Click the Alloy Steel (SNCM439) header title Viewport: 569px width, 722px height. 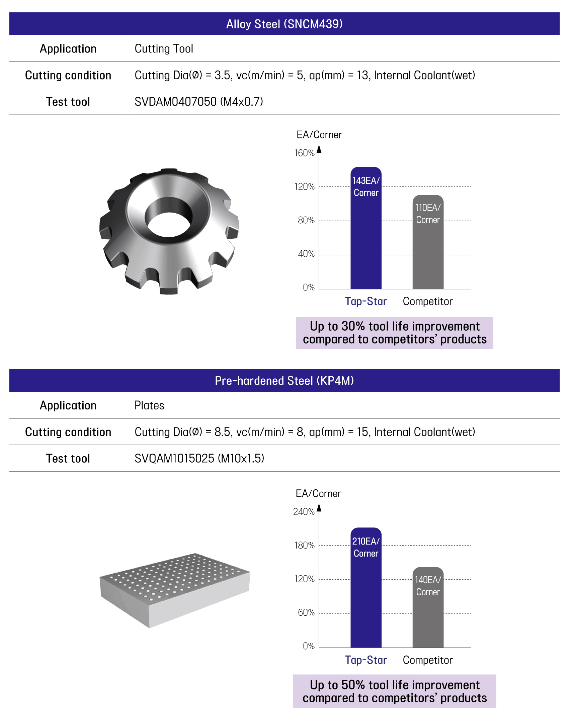coord(284,24)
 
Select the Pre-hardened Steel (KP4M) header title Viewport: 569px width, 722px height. coord(284,381)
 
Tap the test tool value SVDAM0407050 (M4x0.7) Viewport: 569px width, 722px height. coord(199,102)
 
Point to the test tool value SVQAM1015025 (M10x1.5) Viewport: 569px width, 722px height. coord(199,458)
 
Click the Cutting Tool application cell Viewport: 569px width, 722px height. coord(164,49)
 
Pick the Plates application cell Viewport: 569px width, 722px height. coord(149,405)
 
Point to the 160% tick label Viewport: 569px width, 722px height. coord(304,153)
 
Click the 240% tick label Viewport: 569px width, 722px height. coord(304,512)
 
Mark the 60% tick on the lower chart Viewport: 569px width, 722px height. coord(306,612)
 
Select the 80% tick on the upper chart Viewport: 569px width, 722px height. coord(306,220)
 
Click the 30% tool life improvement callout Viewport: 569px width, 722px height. coord(395,333)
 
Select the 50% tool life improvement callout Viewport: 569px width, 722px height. coord(395,691)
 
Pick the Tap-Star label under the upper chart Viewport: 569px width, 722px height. coord(366,302)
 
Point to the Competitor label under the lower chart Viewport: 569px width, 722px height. coord(427,660)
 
